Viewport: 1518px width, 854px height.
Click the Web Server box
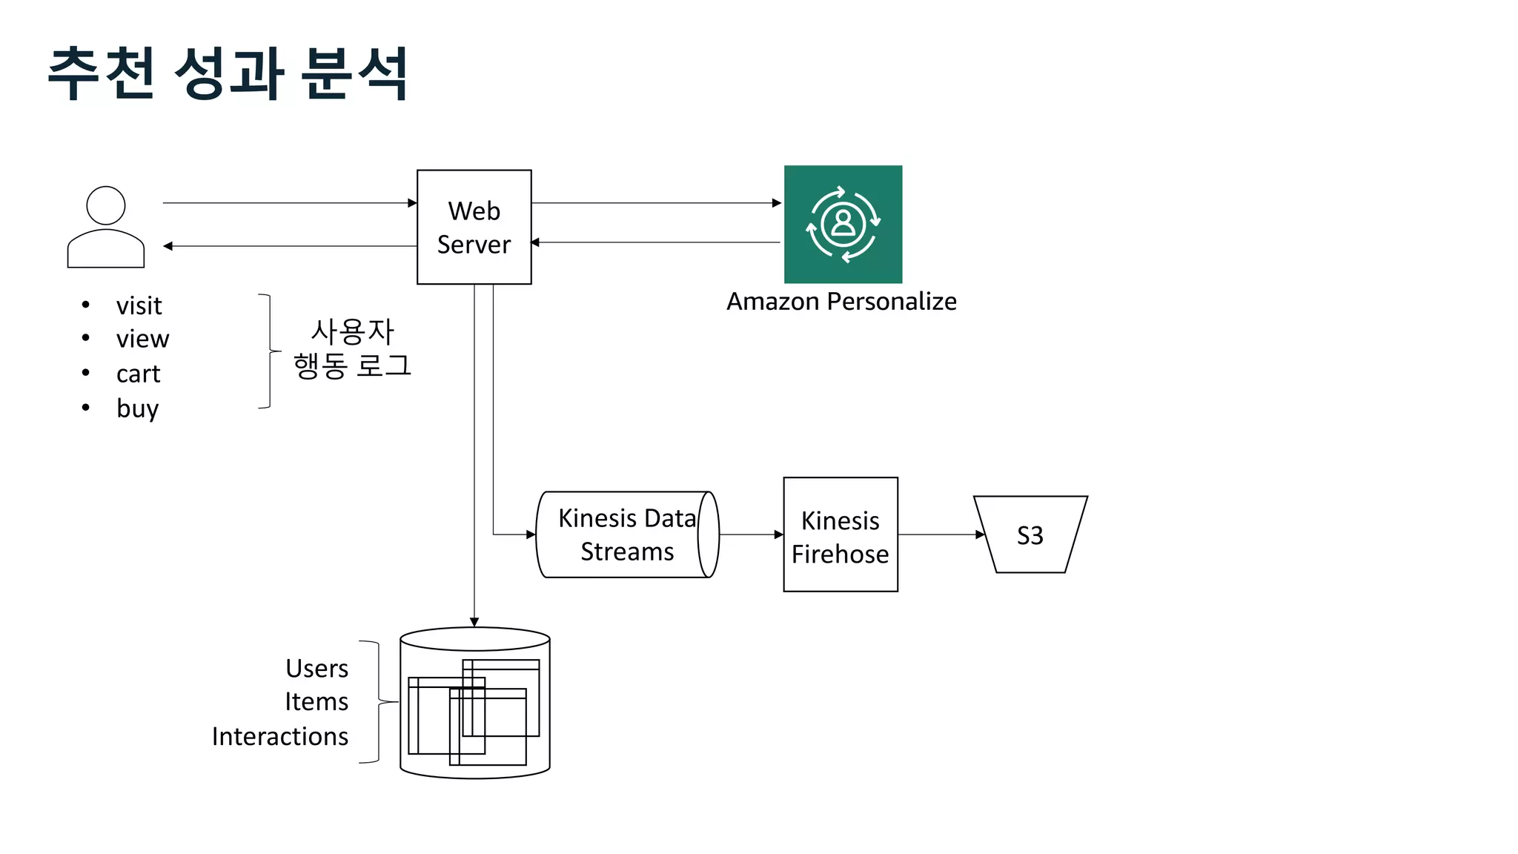click(x=474, y=227)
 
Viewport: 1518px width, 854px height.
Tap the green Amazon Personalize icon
click(x=843, y=224)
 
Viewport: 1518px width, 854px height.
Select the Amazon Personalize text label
click(x=841, y=302)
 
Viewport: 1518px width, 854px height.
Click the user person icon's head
click(x=106, y=205)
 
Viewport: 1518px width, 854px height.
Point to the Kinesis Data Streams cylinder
click(x=626, y=534)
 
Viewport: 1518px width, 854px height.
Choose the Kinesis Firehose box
click(x=840, y=534)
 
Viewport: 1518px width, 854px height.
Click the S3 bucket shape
click(x=1030, y=534)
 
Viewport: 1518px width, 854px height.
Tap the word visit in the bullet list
click(x=139, y=305)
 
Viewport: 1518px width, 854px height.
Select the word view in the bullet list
click(x=142, y=339)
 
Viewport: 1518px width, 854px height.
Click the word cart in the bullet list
click(x=138, y=374)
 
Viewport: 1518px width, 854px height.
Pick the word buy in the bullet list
click(x=137, y=408)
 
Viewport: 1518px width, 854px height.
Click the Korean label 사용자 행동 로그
click(x=352, y=348)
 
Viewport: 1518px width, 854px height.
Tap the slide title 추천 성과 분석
click(x=228, y=73)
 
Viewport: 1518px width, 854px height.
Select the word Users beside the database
click(x=316, y=669)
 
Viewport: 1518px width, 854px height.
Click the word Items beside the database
click(x=316, y=702)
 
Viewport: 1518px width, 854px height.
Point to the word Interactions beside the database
click(x=279, y=737)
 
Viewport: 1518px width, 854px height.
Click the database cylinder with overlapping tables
click(x=474, y=703)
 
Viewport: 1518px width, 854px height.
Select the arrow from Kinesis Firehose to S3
click(x=940, y=534)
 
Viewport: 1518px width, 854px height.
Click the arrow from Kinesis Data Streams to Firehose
click(x=751, y=534)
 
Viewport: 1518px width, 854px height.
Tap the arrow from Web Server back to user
click(x=289, y=246)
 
